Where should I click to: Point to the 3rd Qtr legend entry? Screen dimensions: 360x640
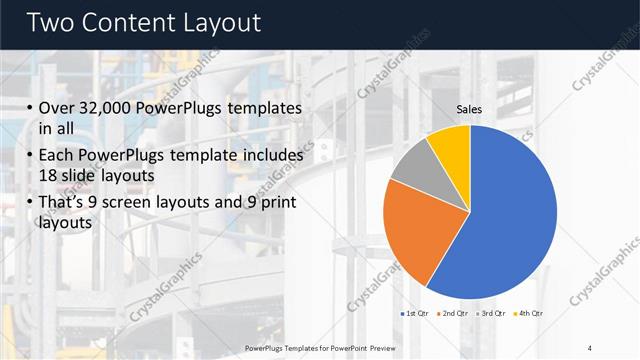490,314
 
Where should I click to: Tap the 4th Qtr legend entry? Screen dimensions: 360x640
527,314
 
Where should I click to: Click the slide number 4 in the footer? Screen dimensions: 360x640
590,347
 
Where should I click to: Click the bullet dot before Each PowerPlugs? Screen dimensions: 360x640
30,157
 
